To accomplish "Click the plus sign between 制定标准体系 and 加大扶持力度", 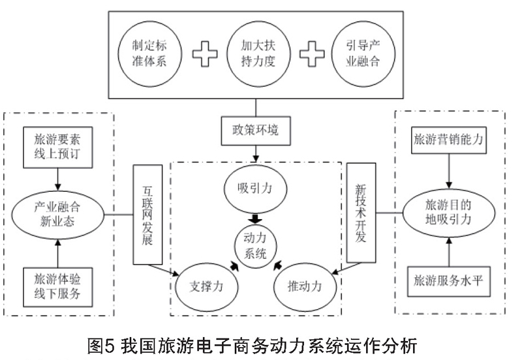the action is (205, 54).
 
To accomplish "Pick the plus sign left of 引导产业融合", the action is (312, 54).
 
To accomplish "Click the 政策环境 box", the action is (256, 130).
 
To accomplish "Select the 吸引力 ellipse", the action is (255, 188).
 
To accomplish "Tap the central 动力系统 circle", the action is (255, 247).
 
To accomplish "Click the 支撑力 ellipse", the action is (207, 287).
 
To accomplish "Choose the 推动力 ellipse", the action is (305, 287).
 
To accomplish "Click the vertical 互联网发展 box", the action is (148, 215).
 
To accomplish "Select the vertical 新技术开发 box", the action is (361, 213).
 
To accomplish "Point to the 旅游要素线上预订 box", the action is (58, 147).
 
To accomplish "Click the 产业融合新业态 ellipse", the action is (58, 215).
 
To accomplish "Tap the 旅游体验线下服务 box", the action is (58, 287).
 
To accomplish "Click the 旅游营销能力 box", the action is (449, 140).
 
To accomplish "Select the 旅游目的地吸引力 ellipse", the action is (449, 213).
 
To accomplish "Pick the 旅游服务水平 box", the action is (449, 282).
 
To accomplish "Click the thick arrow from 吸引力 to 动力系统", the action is (255, 219).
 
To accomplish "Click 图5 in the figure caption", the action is (100, 346).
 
